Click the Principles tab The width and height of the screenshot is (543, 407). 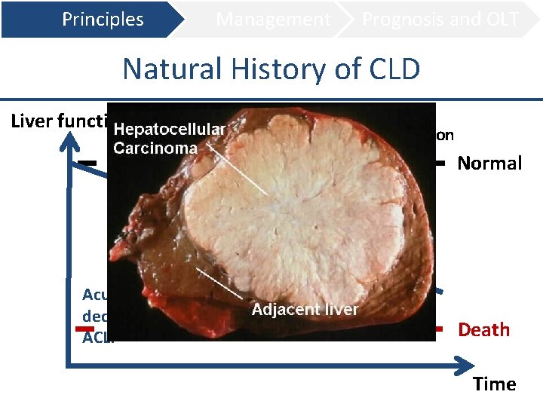[x=103, y=20]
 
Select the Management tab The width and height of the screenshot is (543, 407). [x=273, y=20]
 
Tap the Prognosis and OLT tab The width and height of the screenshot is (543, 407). [x=440, y=20]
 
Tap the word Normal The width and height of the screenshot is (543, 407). [x=489, y=164]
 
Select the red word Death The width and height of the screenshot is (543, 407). [x=483, y=330]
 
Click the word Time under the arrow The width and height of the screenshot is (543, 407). [x=495, y=384]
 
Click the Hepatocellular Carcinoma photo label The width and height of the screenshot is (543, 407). [x=169, y=139]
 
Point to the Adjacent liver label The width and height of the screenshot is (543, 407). [x=305, y=310]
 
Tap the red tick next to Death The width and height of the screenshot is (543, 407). [x=440, y=329]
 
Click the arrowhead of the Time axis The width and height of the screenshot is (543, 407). [x=460, y=366]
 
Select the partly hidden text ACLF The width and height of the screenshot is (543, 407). [x=94, y=337]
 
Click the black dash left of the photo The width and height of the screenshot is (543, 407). [x=88, y=163]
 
